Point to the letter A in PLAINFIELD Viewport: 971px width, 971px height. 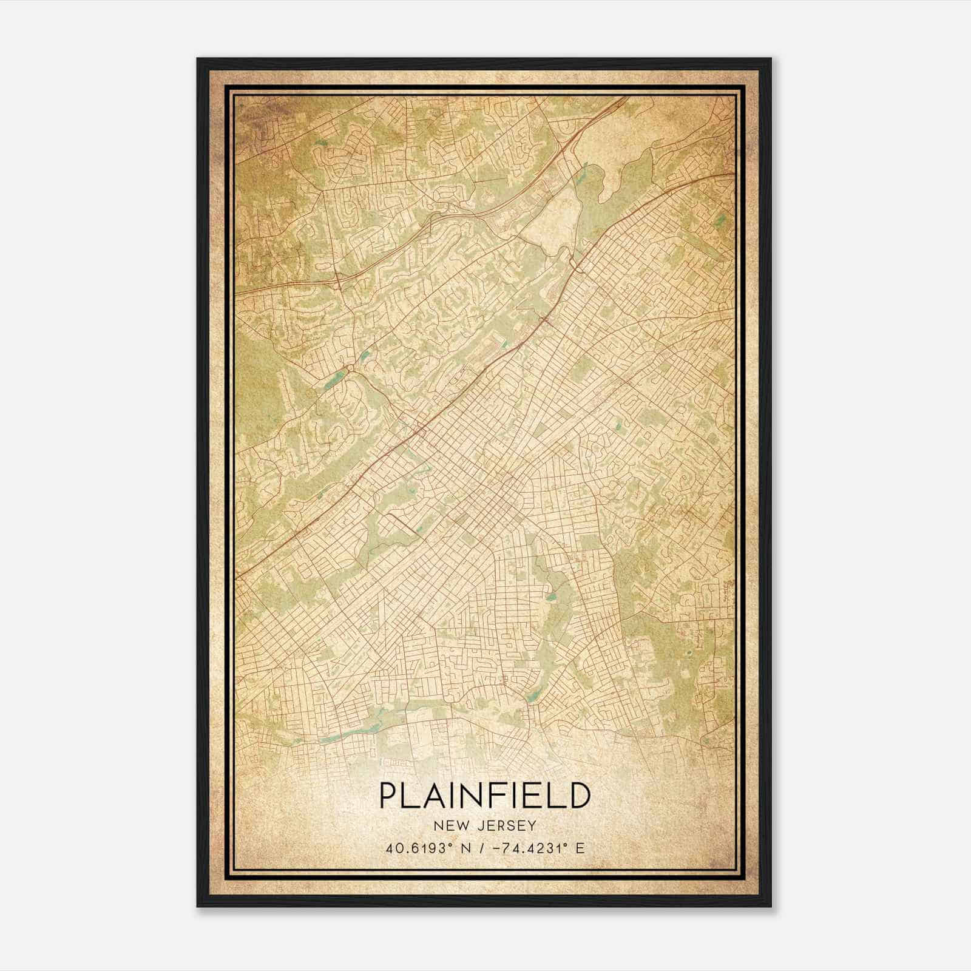(432, 796)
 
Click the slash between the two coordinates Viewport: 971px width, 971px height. (481, 848)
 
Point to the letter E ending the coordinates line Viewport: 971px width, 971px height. (581, 848)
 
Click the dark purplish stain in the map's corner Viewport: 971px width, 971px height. (255, 115)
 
